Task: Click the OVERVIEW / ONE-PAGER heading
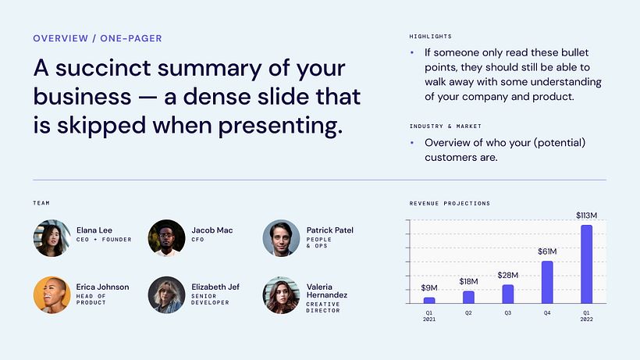pyautogui.click(x=98, y=37)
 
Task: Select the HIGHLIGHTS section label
pyautogui.click(x=430, y=37)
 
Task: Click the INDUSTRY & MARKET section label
pyautogui.click(x=445, y=126)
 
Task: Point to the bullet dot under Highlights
pyautogui.click(x=412, y=53)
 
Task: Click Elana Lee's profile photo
pyautogui.click(x=52, y=237)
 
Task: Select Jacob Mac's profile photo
pyautogui.click(x=166, y=237)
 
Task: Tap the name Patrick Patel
pyautogui.click(x=329, y=230)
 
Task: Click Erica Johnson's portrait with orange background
pyautogui.click(x=52, y=295)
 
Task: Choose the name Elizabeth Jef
pyautogui.click(x=215, y=287)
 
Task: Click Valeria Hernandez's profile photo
pyautogui.click(x=281, y=295)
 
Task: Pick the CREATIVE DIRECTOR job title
pyautogui.click(x=324, y=308)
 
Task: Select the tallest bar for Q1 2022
pyautogui.click(x=586, y=264)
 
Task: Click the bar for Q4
pyautogui.click(x=547, y=282)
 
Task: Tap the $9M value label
pyautogui.click(x=429, y=287)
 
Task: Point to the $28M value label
pyautogui.click(x=508, y=275)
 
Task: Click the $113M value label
pyautogui.click(x=586, y=215)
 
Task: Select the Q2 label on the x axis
pyautogui.click(x=468, y=312)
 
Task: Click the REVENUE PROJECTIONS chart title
pyautogui.click(x=450, y=203)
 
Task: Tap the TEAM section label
pyautogui.click(x=41, y=203)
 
